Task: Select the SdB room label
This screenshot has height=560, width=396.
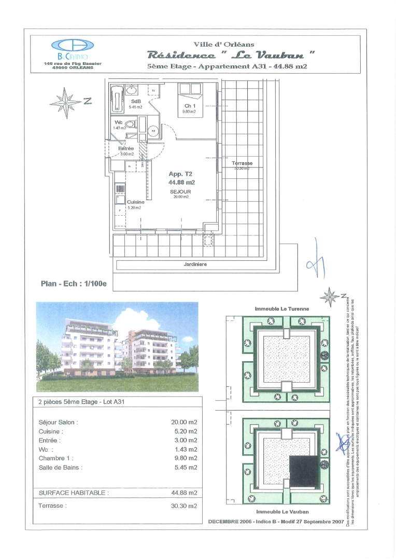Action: pos(136,101)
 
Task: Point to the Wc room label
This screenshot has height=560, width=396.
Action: pos(119,122)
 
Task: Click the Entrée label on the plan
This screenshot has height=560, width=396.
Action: pos(126,148)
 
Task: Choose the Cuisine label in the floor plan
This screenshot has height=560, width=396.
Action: pos(136,202)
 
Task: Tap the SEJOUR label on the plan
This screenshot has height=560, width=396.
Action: pos(181,191)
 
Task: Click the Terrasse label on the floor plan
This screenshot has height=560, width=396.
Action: pos(242,163)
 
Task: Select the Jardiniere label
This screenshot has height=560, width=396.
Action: pos(195,264)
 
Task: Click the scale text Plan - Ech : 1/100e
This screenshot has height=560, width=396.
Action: pos(73,284)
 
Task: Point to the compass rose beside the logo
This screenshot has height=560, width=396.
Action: pos(65,101)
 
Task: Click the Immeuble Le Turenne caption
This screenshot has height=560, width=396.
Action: pos(281,309)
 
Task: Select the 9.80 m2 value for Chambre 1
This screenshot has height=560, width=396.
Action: pos(184,458)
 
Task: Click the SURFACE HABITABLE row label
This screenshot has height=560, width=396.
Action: pos(74,493)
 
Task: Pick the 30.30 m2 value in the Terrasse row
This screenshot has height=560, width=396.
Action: pos(184,506)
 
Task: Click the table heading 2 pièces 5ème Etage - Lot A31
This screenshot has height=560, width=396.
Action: pos(81,401)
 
